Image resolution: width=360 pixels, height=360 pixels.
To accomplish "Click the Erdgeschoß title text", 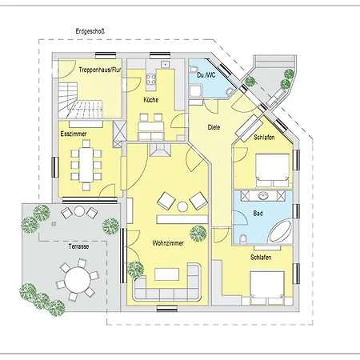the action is coord(90,31).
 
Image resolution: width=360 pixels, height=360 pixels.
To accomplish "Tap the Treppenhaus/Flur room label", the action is coord(100,70).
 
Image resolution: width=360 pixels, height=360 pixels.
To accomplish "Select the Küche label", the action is coord(151,100).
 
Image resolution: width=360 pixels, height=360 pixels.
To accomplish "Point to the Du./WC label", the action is coord(206,75).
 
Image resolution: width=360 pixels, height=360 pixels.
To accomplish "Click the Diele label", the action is coord(214,127).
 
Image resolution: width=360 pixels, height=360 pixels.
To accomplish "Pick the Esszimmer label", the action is coord(74,134).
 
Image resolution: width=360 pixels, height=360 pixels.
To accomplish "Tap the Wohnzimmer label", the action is coord(168,243).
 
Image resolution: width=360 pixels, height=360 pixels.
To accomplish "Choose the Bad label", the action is coord(258,214).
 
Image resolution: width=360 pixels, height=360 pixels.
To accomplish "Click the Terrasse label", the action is coord(78,246).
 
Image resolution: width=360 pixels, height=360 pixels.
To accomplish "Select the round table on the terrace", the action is coord(78,280).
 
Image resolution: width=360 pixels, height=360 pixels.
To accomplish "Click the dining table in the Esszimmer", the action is coord(86,164).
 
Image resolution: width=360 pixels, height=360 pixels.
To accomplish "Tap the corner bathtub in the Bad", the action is coord(281,232).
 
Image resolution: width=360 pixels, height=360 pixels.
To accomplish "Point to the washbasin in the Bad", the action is coord(264,196).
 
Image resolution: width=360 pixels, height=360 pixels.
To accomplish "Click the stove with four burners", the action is coord(151,79).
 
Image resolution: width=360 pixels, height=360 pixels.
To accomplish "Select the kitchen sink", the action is coord(166,64).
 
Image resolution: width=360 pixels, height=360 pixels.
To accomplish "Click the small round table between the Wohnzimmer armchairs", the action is coord(182,206).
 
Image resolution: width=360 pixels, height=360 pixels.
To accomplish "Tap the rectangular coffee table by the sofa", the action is coord(167,274).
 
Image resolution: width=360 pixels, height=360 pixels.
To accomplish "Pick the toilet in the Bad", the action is coord(243,239).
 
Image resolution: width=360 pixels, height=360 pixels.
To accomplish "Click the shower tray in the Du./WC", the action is coord(195,91).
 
